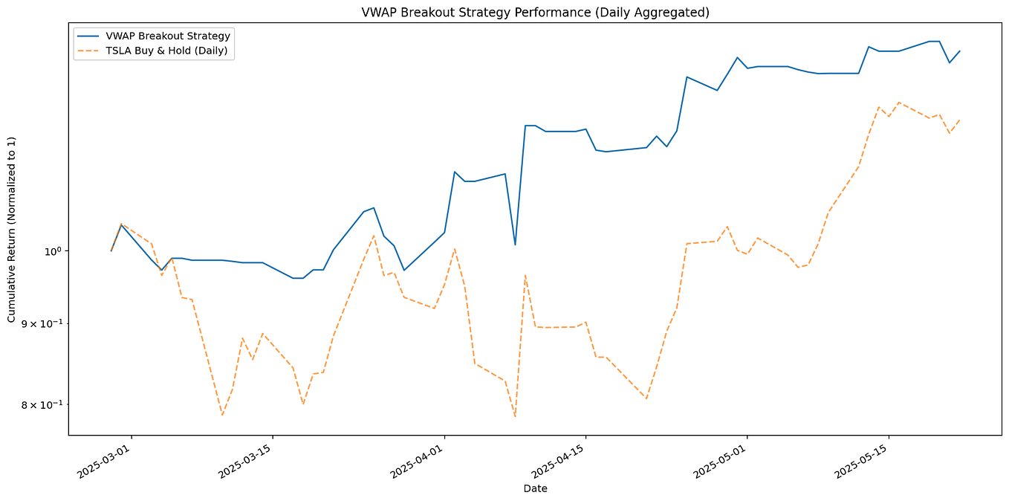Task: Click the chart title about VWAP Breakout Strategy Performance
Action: coord(535,13)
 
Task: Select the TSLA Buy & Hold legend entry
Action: coord(167,51)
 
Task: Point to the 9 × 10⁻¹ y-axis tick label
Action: coord(42,323)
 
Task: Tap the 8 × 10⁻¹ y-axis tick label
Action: coord(42,404)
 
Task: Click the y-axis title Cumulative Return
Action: coord(12,229)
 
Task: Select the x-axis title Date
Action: coord(535,488)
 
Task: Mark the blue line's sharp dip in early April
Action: coord(515,245)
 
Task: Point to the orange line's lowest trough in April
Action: coord(515,416)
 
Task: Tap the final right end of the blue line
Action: coord(959,51)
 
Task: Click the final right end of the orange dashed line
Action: coord(959,120)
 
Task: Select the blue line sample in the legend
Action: coord(89,36)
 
